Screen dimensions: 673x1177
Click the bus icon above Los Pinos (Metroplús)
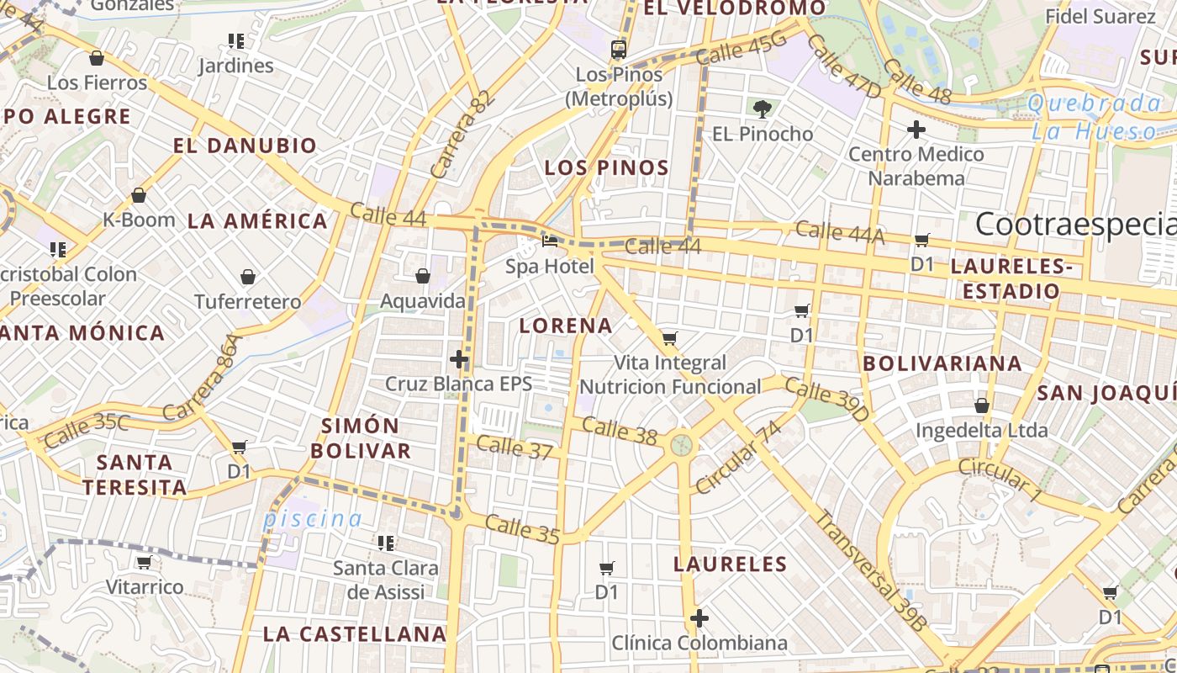click(x=619, y=49)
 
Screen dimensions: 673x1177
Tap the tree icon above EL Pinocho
click(x=763, y=109)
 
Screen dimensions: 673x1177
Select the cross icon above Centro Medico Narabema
click(x=916, y=130)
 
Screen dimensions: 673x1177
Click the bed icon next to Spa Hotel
click(x=550, y=241)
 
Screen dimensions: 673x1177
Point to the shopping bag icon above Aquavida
click(x=423, y=276)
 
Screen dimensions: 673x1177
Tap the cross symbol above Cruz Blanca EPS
click(x=459, y=359)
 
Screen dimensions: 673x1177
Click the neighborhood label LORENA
click(x=566, y=326)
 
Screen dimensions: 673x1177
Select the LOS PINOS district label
click(x=606, y=167)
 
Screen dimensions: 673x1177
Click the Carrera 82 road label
click(x=461, y=135)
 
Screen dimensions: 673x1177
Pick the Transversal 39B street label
click(x=869, y=571)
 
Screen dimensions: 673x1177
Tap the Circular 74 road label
click(x=739, y=458)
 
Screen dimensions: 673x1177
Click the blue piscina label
click(x=313, y=519)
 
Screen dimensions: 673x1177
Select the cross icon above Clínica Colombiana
click(x=699, y=619)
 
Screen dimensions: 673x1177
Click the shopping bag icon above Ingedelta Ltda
click(x=981, y=405)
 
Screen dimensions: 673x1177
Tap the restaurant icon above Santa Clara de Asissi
click(x=386, y=543)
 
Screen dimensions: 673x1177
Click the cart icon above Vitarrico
click(x=144, y=562)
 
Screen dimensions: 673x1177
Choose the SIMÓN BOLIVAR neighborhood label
click(x=361, y=437)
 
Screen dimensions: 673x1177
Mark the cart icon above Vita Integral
click(x=670, y=338)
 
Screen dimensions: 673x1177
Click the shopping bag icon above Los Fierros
click(x=97, y=58)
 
